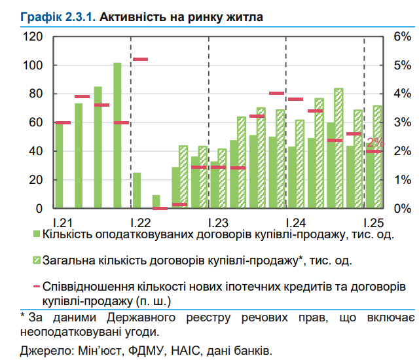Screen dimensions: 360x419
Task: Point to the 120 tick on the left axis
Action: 33,37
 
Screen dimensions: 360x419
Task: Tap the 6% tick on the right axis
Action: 401,37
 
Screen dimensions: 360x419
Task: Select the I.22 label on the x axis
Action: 140,221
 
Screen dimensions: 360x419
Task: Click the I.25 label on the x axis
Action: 372,221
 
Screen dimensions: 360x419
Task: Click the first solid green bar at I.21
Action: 60,166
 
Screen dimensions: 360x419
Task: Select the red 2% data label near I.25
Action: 375,142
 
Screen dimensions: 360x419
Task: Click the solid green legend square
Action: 37,234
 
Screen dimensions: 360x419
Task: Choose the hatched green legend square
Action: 37,261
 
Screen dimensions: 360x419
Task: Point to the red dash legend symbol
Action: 37,287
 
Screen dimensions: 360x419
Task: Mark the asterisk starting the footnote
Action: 23,317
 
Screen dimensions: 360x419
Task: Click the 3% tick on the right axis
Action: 401,122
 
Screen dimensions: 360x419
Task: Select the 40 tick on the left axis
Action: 36,151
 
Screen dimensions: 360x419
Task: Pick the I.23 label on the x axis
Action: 217,221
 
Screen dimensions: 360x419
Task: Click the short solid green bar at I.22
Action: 137,190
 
